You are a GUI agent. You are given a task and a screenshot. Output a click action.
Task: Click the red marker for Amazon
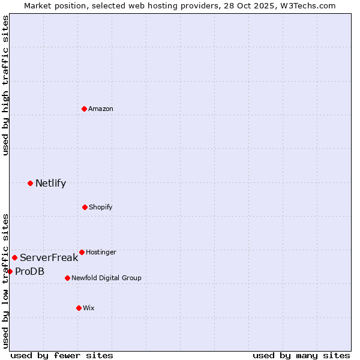84,109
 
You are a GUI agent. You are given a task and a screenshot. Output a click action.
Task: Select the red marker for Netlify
30,183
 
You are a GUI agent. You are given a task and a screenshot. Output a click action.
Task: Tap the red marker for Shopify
85,207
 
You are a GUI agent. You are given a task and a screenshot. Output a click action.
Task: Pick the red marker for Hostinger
82,252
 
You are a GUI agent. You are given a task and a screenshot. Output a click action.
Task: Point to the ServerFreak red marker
14,257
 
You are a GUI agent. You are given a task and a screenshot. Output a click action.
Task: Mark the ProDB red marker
10,271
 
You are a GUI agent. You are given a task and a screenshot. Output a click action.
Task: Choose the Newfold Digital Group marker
67,278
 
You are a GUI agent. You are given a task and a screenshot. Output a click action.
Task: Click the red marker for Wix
79,308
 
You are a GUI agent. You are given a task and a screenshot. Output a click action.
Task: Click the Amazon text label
101,109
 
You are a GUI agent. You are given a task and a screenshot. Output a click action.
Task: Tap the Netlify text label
50,183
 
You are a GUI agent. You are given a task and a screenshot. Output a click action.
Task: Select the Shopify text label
101,207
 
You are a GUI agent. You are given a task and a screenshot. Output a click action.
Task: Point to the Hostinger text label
101,252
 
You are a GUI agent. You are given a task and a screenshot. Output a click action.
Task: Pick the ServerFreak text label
49,257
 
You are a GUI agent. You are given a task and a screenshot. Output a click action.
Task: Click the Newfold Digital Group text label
106,278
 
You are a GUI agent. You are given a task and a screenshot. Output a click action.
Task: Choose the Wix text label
89,308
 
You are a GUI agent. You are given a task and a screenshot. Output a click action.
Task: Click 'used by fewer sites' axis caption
62,355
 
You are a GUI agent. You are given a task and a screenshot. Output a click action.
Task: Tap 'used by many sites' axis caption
301,355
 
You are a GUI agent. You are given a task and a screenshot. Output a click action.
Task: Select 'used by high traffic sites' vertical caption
5,85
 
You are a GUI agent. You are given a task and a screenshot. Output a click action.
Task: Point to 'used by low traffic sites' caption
5,280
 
